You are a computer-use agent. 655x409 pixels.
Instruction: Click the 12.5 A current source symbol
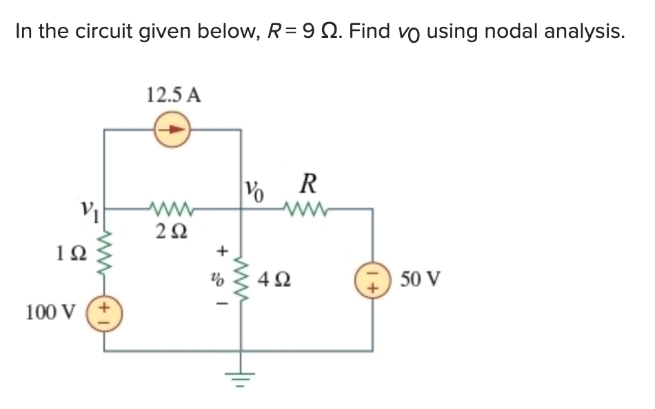172,129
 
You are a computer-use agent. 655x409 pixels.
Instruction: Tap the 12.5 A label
173,95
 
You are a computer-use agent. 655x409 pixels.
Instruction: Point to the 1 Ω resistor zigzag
104,253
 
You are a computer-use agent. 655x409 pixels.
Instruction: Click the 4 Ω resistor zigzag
241,280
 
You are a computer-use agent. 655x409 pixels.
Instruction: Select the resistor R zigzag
303,207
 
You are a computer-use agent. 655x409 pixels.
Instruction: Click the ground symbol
241,376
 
